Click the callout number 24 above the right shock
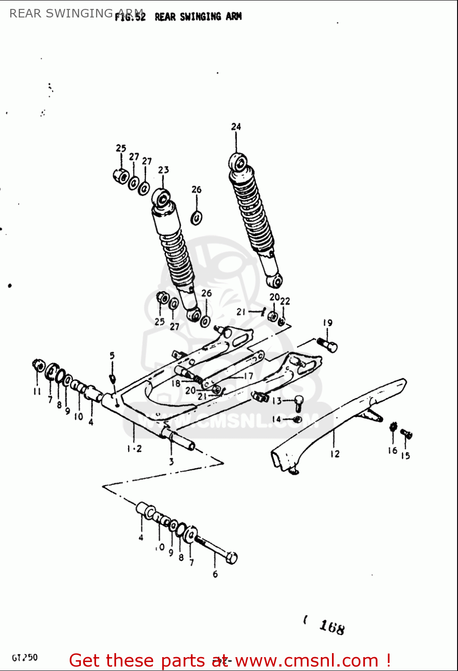click(x=236, y=127)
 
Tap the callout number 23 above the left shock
click(x=164, y=170)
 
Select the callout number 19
click(x=328, y=323)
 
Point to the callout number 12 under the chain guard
click(x=335, y=454)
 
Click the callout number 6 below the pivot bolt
click(x=215, y=574)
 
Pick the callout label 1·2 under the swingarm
click(x=134, y=448)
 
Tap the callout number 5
click(x=112, y=356)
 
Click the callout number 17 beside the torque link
click(x=248, y=376)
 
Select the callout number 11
click(x=37, y=391)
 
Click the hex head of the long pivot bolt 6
click(x=231, y=558)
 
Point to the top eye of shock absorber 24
click(x=238, y=161)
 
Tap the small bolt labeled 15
click(x=407, y=433)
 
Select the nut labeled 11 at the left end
click(x=38, y=365)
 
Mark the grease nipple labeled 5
click(x=113, y=379)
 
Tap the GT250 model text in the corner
click(x=25, y=658)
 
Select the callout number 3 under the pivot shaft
click(x=171, y=462)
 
